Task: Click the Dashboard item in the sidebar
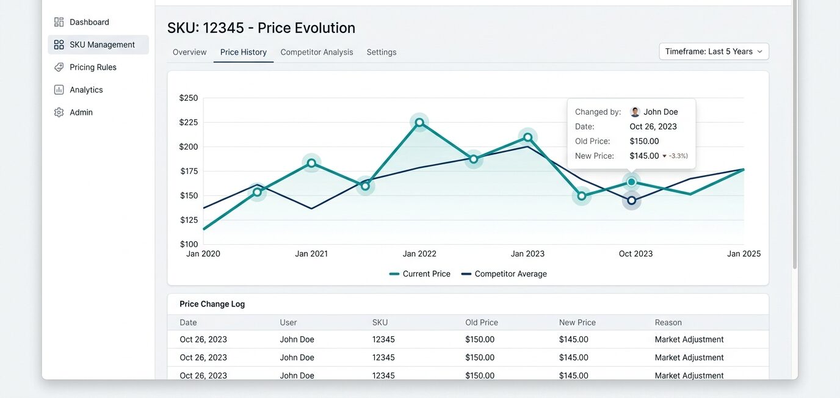click(x=82, y=22)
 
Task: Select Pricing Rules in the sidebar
click(x=85, y=67)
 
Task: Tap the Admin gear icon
click(x=59, y=112)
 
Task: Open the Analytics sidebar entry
click(x=79, y=90)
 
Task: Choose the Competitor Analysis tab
click(x=316, y=52)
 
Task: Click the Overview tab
click(x=189, y=52)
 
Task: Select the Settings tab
click(x=382, y=52)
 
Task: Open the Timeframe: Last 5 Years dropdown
click(x=714, y=51)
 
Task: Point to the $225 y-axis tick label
click(x=188, y=122)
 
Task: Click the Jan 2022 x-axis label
click(x=419, y=253)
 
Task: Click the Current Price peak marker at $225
click(x=419, y=122)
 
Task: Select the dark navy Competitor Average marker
click(x=631, y=200)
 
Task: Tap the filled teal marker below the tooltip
click(x=631, y=182)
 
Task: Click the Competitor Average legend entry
click(x=504, y=274)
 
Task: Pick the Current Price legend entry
click(x=419, y=274)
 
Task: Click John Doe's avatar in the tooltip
click(x=635, y=112)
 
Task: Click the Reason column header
click(x=668, y=322)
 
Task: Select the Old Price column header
click(x=482, y=322)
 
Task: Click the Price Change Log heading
click(x=212, y=304)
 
